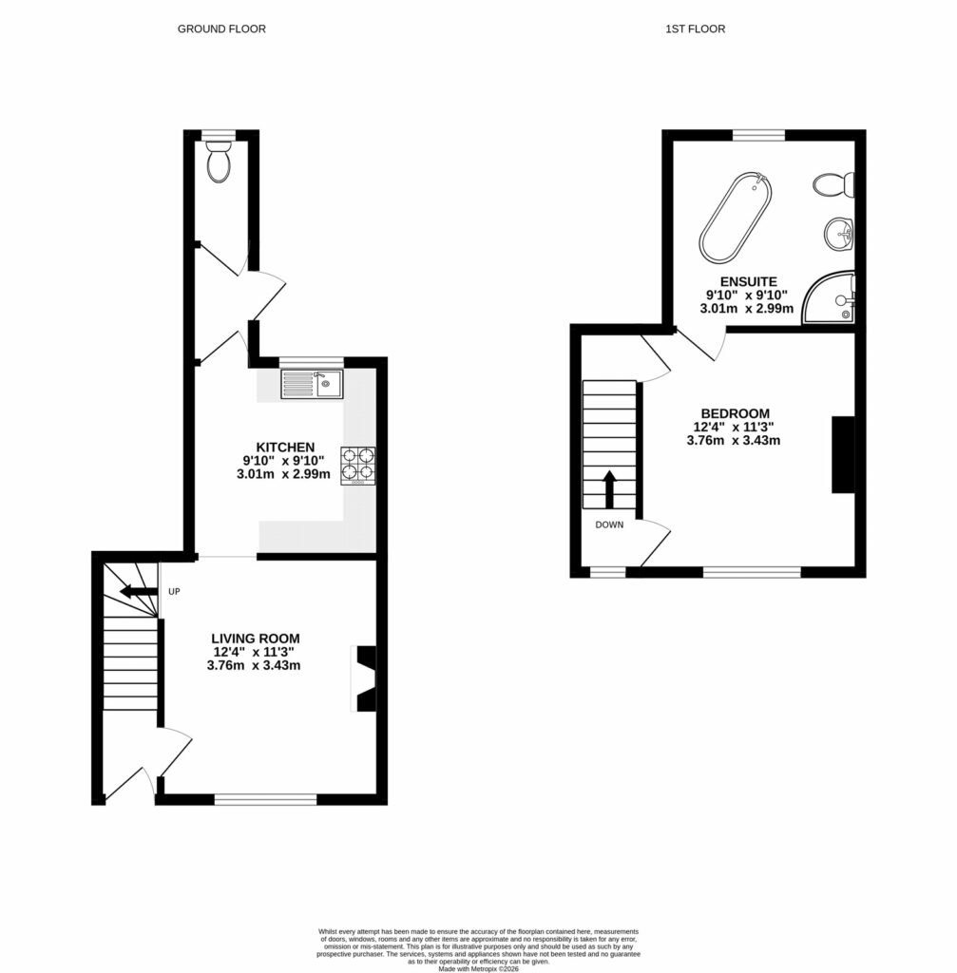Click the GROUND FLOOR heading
point(221,29)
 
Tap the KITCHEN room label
point(284,448)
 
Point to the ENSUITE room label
point(748,282)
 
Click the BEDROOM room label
point(735,413)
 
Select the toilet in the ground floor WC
point(219,162)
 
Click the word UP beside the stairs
point(174,592)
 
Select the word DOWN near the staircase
point(609,525)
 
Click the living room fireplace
point(365,677)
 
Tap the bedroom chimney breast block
point(842,454)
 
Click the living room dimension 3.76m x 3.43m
point(254,666)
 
